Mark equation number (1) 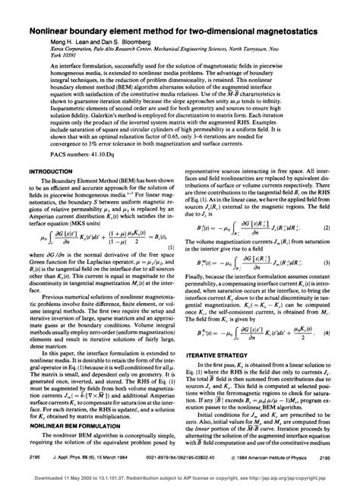coord(174,267)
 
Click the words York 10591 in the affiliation coord(43,43)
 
